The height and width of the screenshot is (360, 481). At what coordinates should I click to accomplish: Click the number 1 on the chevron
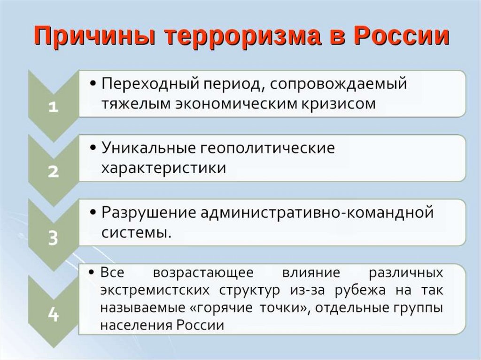coord(53,107)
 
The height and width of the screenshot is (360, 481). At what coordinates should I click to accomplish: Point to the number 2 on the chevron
coord(53,172)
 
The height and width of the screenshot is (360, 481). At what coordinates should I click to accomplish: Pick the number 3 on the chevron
coord(53,238)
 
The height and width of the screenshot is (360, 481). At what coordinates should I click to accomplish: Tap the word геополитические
coord(268,148)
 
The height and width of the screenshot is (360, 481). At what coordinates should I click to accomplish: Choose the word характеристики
coord(163,168)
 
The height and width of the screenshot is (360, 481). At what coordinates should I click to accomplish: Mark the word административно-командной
coord(318,212)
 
